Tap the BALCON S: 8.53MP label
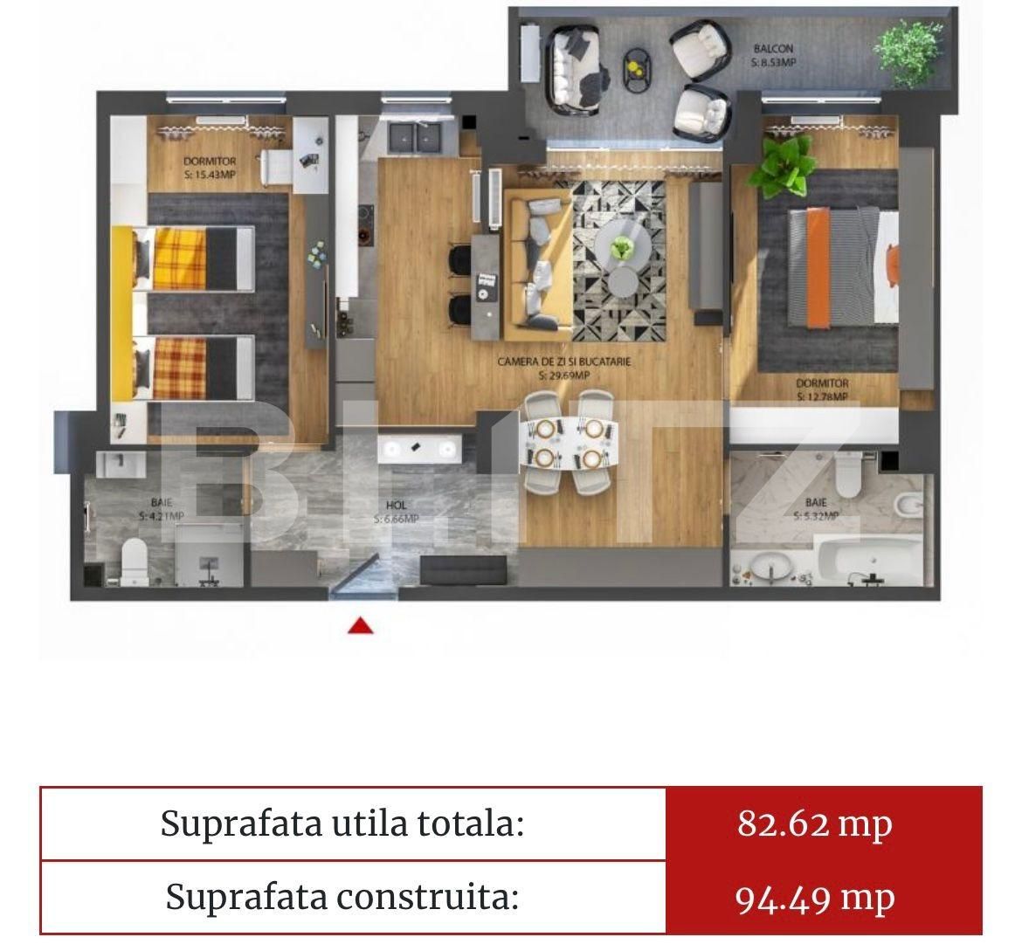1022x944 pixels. tap(773, 56)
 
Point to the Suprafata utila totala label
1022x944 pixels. tap(342, 823)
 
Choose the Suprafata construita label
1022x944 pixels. tap(342, 897)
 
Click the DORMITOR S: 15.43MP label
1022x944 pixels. tap(211, 168)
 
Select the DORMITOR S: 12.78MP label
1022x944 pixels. tap(821, 389)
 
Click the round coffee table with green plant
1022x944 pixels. tap(621, 249)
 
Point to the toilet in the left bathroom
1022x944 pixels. tap(135, 559)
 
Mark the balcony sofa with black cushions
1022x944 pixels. tap(574, 68)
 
